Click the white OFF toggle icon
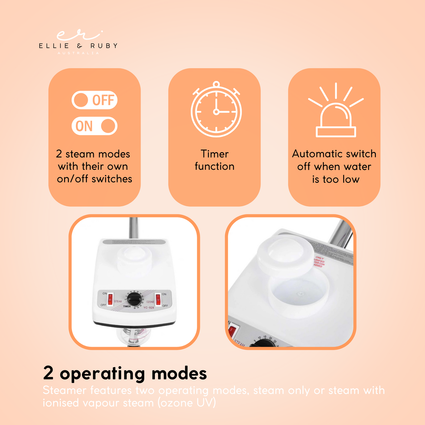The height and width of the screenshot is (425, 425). click(94, 100)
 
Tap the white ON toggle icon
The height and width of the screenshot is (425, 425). click(94, 126)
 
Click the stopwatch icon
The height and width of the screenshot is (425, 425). click(216, 109)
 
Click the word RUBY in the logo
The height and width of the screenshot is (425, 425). click(104, 46)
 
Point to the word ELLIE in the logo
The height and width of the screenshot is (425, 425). click(54, 46)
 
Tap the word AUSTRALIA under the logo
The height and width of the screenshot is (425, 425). click(78, 53)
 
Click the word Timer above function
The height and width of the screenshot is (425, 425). click(215, 154)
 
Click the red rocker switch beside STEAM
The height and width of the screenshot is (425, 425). click(110, 299)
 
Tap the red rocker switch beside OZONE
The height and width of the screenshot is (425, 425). click(158, 300)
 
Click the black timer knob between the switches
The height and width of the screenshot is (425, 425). click(134, 300)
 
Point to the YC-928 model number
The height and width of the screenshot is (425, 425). click(149, 308)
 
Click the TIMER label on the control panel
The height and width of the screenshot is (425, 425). click(127, 307)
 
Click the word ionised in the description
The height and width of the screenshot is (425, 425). click(61, 403)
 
